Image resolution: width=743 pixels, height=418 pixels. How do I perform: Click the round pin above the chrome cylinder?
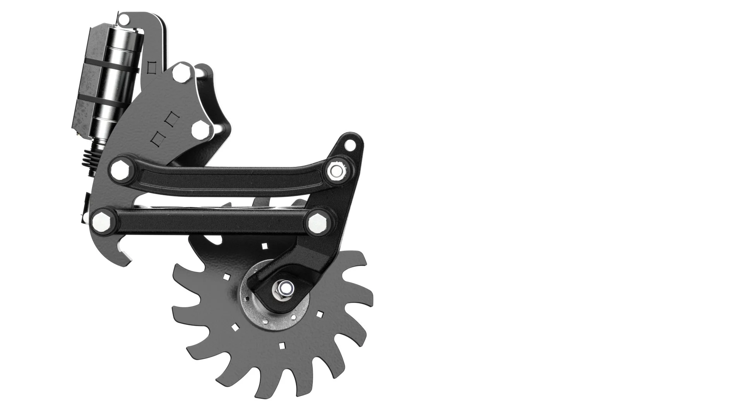(124, 19)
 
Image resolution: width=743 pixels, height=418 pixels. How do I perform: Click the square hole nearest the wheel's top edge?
(265, 246)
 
